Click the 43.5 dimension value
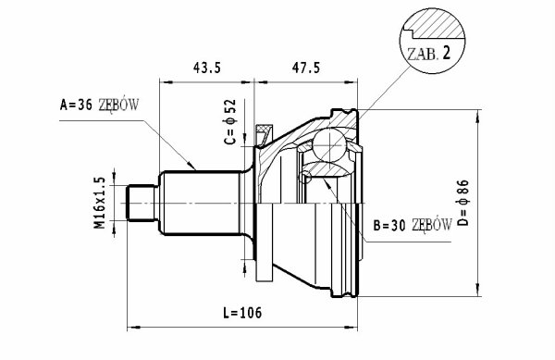click(x=206, y=68)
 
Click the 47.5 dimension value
click(x=305, y=68)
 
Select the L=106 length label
click(x=242, y=313)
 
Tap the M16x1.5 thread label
click(x=100, y=203)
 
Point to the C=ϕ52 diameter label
click(x=230, y=122)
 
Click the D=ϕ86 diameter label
click(x=463, y=203)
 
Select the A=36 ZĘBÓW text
click(x=100, y=105)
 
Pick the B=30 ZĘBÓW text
click(x=413, y=225)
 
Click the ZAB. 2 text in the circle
click(x=429, y=54)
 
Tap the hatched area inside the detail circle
click(x=438, y=24)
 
